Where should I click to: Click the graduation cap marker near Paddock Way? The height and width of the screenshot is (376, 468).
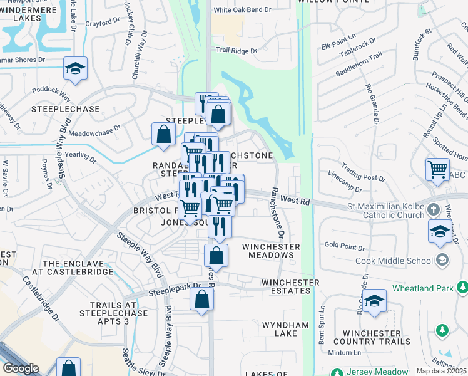click(75, 68)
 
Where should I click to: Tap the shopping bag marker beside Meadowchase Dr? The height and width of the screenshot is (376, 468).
click(163, 134)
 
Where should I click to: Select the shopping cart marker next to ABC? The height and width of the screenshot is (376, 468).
click(437, 169)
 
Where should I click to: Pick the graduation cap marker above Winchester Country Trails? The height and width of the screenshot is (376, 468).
click(375, 303)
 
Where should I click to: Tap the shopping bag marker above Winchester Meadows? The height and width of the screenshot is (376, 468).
click(216, 256)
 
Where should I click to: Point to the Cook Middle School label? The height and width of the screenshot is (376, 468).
click(394, 261)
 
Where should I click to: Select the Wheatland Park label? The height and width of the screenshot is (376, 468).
click(423, 289)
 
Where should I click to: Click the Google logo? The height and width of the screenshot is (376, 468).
click(21, 368)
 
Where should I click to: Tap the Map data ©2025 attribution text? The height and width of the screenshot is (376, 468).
click(441, 371)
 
